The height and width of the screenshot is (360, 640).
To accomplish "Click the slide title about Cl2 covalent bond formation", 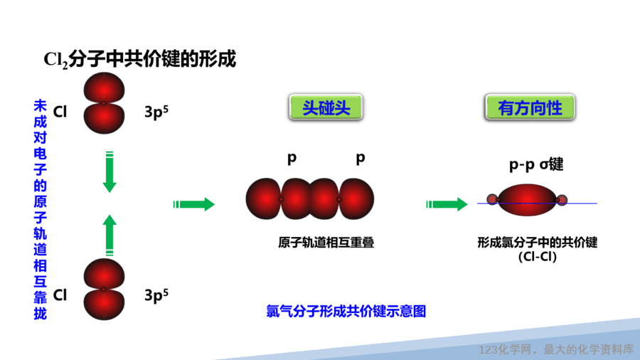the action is pos(139,59).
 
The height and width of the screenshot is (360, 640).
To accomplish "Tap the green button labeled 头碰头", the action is pos(326,107).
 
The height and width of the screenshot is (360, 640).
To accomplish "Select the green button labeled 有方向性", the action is pos(530,107).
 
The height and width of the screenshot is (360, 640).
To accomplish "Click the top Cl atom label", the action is pos(60,112).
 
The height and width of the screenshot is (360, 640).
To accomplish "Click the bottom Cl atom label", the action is pos(60,295).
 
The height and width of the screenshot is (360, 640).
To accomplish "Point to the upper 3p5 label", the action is pos(156,112).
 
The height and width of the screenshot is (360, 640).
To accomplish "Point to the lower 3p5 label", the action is pos(156,295).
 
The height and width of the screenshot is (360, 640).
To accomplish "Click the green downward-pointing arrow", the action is pos(110,172).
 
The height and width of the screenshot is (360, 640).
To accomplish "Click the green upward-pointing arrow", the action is pos(110,235).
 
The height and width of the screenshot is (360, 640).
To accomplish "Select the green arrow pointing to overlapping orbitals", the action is pos(194,204).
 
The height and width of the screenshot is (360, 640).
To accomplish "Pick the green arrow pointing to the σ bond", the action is pos(447,204).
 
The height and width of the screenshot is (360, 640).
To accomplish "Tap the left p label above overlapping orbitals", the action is pos(292,158).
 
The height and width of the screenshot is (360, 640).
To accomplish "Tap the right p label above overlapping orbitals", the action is pos(360,158).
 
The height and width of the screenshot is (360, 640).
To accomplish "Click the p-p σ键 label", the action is pos(536,164).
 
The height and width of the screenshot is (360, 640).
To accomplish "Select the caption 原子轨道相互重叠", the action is pos(326,243).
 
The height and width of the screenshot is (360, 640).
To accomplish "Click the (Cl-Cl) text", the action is pos(538,257).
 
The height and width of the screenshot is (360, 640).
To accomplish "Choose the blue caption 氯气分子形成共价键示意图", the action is pos(346,311).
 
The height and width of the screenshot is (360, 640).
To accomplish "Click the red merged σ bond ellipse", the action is pos(527,200).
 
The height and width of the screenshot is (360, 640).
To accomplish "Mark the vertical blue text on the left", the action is pos(40,209).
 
